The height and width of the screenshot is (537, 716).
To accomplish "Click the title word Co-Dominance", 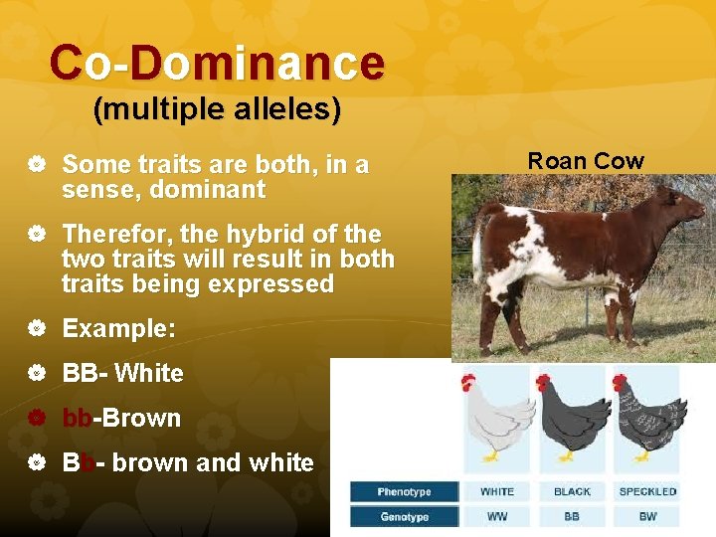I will [217, 63].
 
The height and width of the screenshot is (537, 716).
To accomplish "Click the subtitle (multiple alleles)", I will [217, 109].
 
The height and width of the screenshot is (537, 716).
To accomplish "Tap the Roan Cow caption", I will [586, 161].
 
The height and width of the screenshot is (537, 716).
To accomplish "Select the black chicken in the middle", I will [571, 418].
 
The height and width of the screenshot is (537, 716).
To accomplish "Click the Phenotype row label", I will [404, 491].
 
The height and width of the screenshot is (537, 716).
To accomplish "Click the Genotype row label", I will [404, 516].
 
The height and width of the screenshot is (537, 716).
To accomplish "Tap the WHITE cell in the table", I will [497, 491].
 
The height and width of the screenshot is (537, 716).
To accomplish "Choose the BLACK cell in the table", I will [572, 491].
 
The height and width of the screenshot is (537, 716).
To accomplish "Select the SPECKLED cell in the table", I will [647, 491].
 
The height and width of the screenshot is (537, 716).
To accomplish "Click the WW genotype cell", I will [497, 516].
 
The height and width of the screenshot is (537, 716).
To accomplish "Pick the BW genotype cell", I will [647, 516].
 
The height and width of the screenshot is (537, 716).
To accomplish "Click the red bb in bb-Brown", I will [77, 419].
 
